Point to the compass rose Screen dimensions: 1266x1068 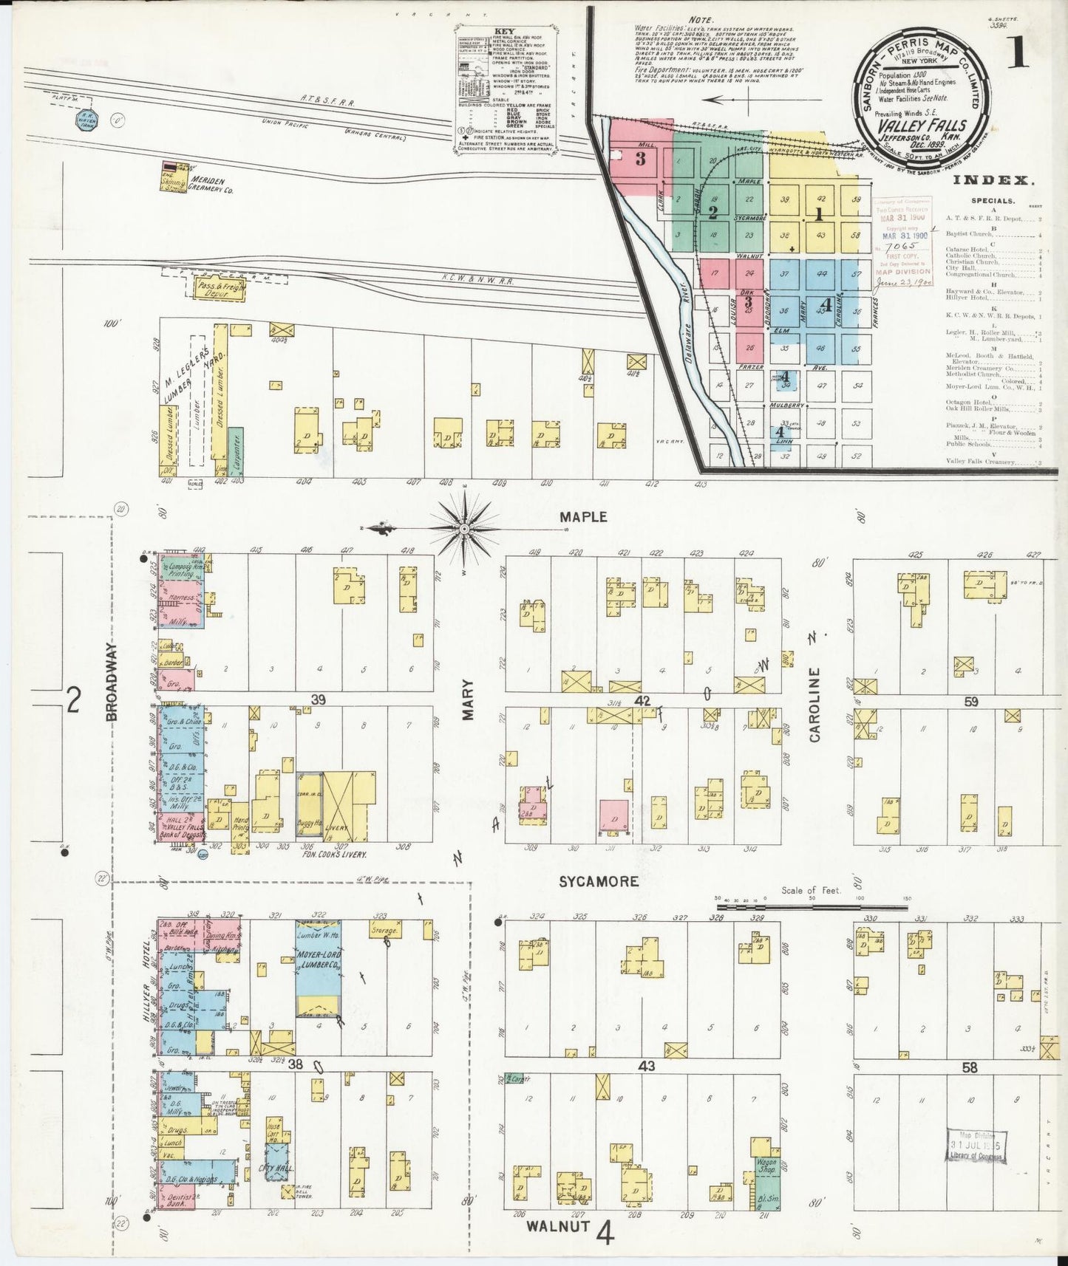click(x=464, y=529)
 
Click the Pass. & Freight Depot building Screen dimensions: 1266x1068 click(x=220, y=289)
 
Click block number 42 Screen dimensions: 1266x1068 click(x=642, y=700)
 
